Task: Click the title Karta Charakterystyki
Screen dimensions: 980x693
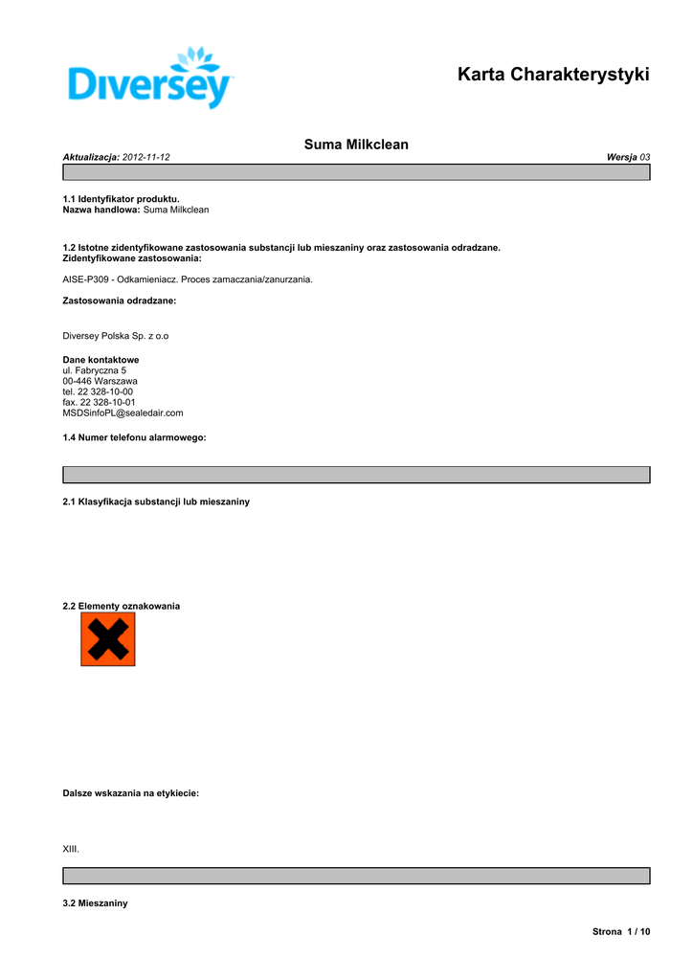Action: click(553, 74)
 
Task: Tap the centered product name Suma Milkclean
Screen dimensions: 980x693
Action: click(356, 145)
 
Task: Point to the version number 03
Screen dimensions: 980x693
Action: click(645, 156)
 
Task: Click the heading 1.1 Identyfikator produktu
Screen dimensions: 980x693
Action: click(121, 198)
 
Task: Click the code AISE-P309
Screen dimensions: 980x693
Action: click(86, 279)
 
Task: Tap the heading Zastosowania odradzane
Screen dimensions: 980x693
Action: click(120, 301)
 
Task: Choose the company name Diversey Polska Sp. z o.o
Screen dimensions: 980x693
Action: click(116, 336)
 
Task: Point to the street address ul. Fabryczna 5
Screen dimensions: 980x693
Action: click(94, 370)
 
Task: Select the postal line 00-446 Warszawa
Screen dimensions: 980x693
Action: click(100, 381)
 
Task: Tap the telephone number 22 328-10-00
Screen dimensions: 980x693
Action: click(105, 391)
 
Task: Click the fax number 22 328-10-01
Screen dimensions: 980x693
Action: click(107, 402)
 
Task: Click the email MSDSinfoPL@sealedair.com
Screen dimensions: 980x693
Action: click(123, 412)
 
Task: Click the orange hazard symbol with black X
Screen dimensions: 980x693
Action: click(108, 639)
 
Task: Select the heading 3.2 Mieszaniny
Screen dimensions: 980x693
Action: click(95, 903)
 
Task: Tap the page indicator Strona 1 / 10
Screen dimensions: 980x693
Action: click(621, 931)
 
